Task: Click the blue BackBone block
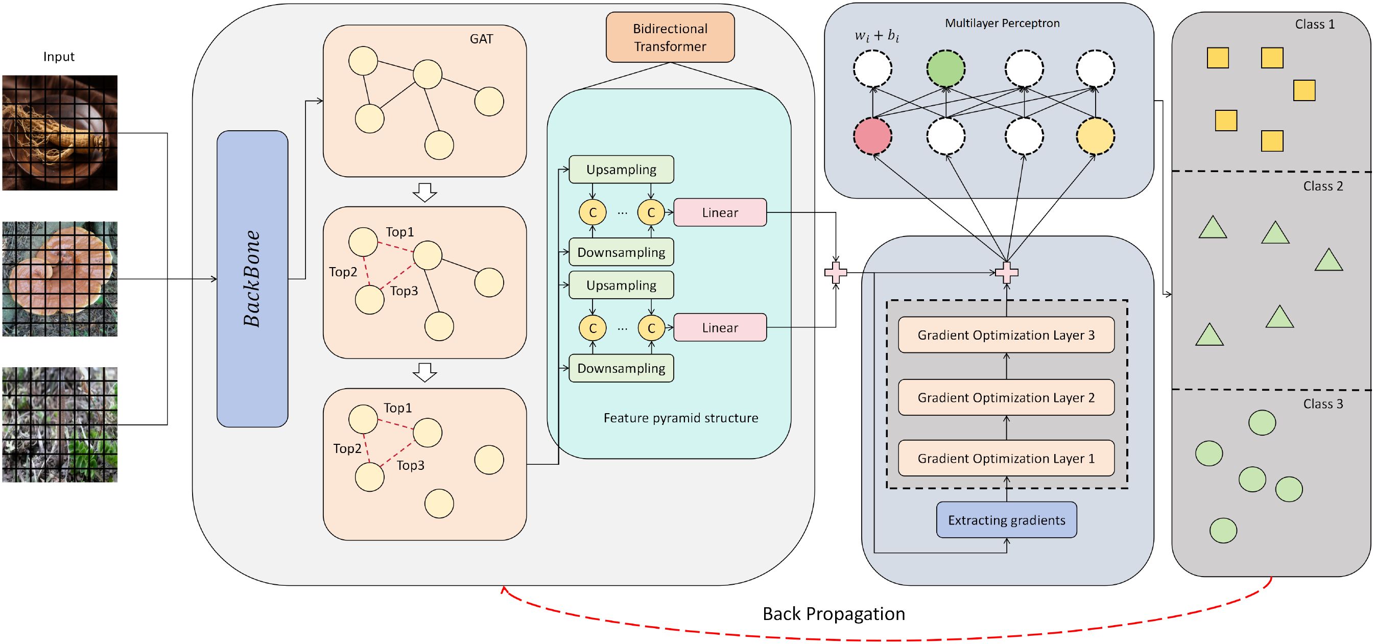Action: tap(252, 278)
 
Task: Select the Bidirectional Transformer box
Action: tap(670, 37)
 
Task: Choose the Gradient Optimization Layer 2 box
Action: tap(1006, 397)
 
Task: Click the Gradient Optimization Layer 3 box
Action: tap(1006, 335)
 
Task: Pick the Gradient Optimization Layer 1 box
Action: tap(1006, 458)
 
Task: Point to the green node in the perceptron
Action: tap(945, 69)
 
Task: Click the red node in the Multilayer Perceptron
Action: tap(872, 136)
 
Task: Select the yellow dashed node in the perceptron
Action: tap(1095, 136)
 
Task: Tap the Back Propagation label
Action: tap(833, 613)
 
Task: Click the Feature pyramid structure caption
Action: tap(680, 418)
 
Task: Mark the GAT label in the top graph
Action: tap(481, 39)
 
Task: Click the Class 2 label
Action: tap(1323, 186)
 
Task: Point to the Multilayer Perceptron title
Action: tap(1002, 23)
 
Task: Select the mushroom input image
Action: tap(60, 279)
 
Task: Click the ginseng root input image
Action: tap(60, 133)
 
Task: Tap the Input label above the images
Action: tap(59, 57)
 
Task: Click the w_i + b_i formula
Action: tap(876, 36)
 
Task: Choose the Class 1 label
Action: tap(1315, 25)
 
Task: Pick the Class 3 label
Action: tap(1323, 403)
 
